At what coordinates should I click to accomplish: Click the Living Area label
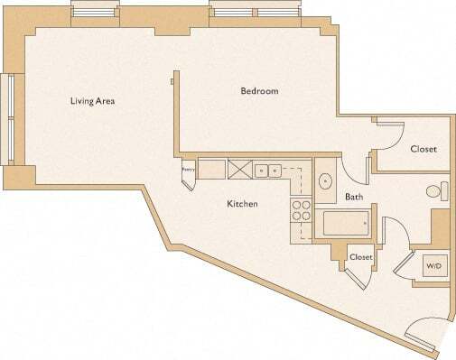click(x=92, y=100)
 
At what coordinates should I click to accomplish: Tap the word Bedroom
click(x=258, y=91)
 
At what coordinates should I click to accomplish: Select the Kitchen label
click(x=242, y=204)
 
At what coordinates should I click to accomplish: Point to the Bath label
click(x=354, y=196)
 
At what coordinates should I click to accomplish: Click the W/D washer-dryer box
click(x=434, y=266)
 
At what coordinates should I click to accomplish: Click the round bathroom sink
click(x=325, y=179)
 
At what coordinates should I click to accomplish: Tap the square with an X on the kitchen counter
click(x=240, y=169)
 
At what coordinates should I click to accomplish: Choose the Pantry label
click(x=189, y=169)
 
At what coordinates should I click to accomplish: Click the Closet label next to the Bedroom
click(x=423, y=149)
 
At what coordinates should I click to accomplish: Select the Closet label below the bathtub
click(x=361, y=257)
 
